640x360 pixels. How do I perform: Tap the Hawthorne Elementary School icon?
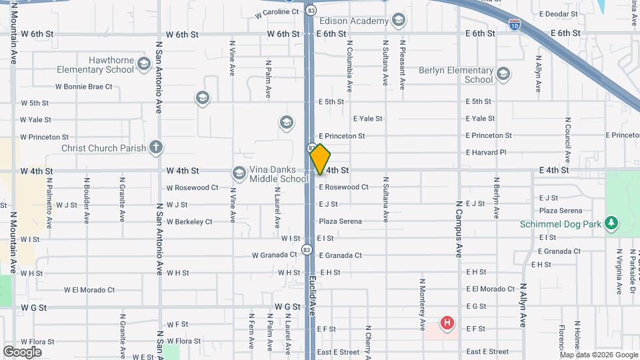144,65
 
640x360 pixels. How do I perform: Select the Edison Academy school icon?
399,21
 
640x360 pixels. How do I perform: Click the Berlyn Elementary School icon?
503,74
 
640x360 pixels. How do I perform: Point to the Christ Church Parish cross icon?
155,148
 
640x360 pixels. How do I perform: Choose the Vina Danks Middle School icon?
239,173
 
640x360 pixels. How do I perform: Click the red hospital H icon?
447,324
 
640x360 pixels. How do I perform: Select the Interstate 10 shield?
515,25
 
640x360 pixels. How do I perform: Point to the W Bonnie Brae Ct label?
84,87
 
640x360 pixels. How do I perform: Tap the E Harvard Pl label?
486,153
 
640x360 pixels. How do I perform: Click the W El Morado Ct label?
89,290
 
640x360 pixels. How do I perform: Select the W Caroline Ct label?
277,12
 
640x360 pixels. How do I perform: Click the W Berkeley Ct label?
189,222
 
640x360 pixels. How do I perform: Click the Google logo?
22,351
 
